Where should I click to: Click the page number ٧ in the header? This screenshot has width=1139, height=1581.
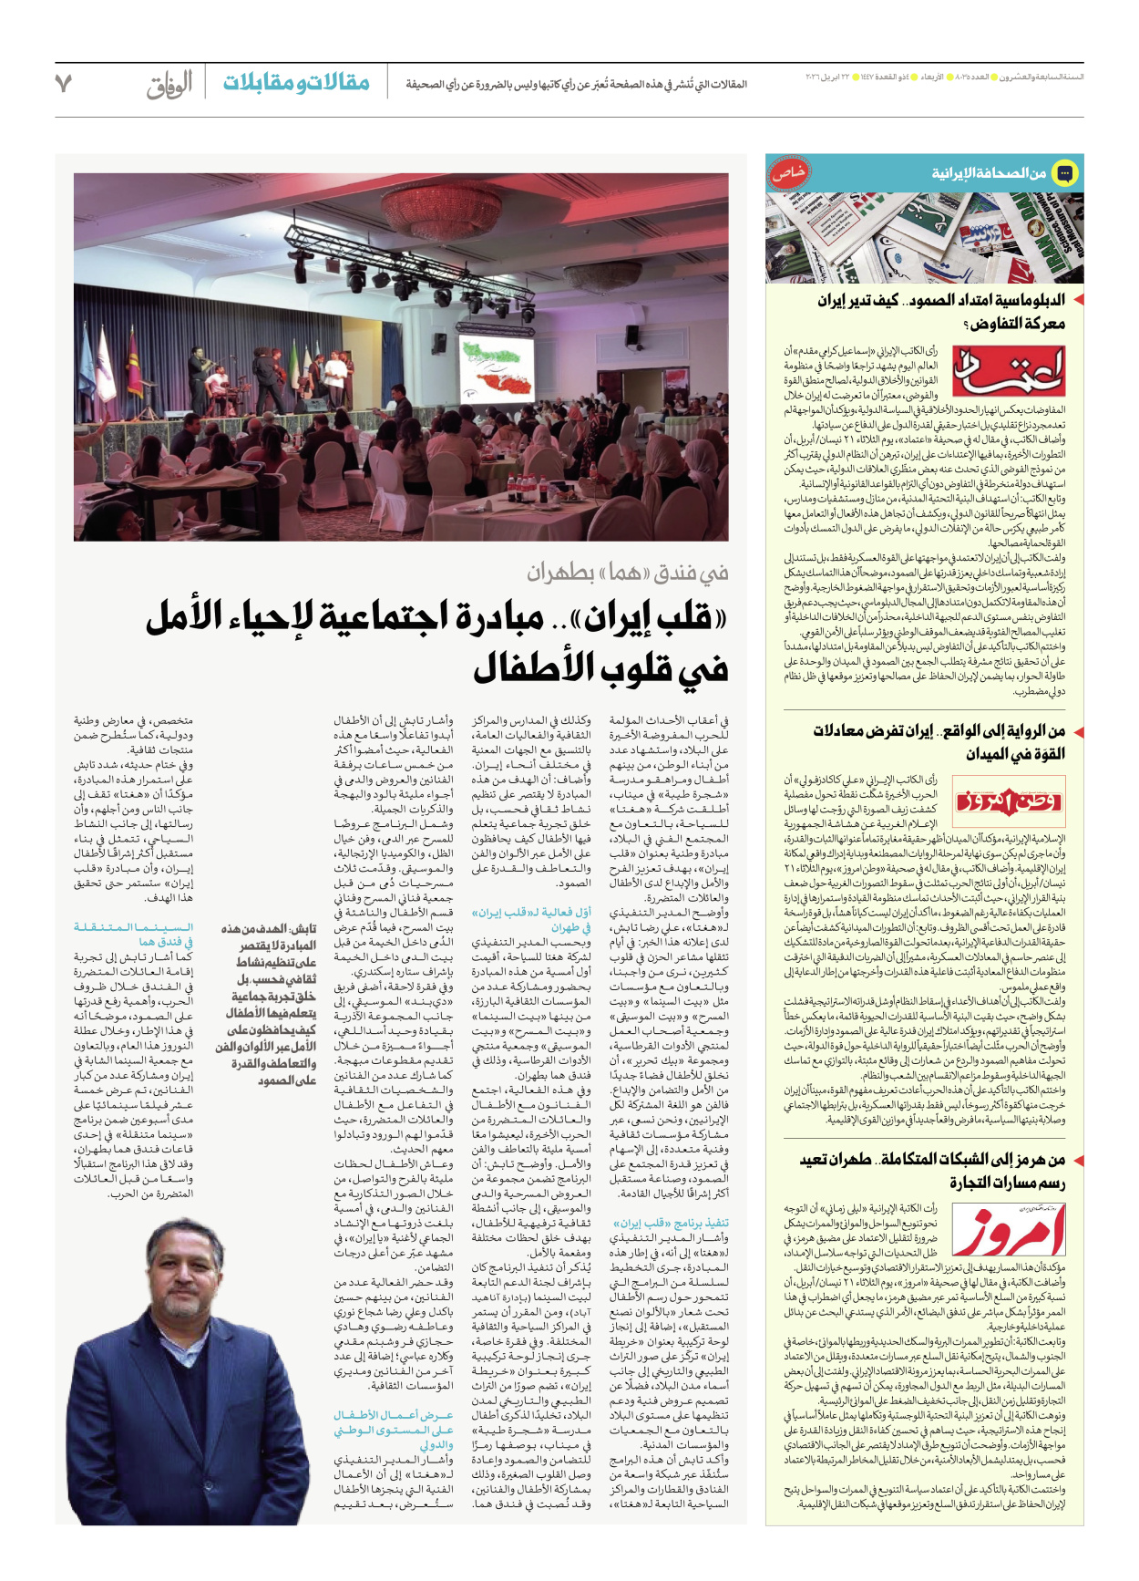[x=63, y=84]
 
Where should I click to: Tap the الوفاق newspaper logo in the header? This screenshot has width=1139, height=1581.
[x=169, y=84]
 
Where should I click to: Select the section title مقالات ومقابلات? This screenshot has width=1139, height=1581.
[x=296, y=83]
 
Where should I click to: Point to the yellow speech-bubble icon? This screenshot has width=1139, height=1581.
[x=1063, y=172]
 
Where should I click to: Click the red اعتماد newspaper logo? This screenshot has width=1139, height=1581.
[x=1008, y=371]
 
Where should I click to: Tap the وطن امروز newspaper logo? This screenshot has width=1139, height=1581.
[x=1008, y=801]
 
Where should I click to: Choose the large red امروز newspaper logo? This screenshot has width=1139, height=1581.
[x=1008, y=1230]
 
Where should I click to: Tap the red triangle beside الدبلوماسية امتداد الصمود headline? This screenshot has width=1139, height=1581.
[x=1078, y=300]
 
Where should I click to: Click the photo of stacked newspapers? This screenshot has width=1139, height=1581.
[x=924, y=237]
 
